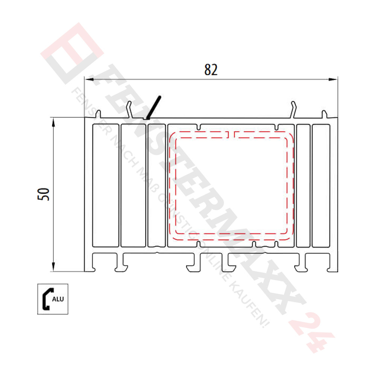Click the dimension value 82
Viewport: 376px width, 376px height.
pos(211,70)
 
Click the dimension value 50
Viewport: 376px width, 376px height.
pos(45,194)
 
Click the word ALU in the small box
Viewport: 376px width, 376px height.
pos(58,299)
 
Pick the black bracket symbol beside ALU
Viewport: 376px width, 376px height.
pos(47,299)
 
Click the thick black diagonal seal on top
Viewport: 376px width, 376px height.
pos(154,108)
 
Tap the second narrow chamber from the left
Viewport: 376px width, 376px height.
pos(133,185)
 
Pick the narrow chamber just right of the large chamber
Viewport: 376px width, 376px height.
pos(303,185)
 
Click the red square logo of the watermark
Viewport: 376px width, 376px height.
pos(71,53)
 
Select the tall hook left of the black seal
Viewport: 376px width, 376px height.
pos(129,110)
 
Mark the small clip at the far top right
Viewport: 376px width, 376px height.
pos(324,114)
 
